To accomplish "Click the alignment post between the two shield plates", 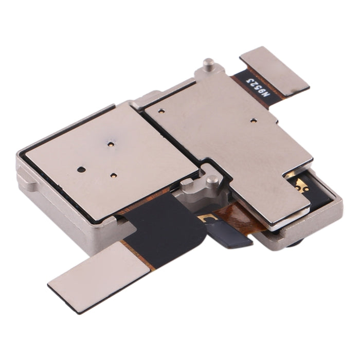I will pyautogui.click(x=212, y=181).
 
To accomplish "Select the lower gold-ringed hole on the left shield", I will pyautogui.click(x=112, y=176).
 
